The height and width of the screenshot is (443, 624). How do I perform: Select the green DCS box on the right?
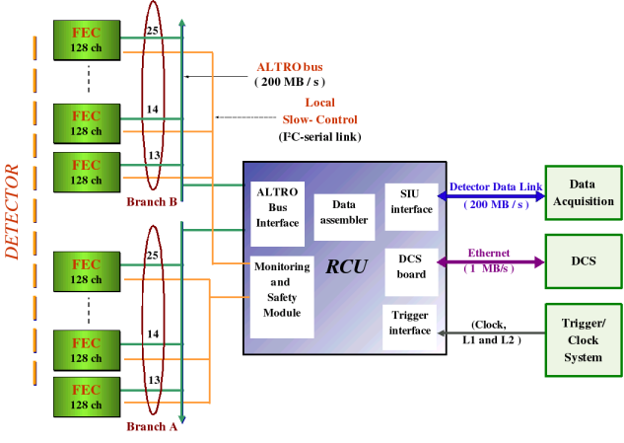point(583,261)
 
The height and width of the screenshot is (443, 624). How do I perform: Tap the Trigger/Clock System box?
point(583,339)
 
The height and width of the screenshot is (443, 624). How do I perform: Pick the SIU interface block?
point(411,200)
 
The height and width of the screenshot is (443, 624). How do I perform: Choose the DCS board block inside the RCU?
point(411,267)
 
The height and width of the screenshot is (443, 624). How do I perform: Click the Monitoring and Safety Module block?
point(281,290)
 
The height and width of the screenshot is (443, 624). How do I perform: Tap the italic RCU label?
point(347,266)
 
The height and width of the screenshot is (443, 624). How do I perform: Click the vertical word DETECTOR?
point(13,212)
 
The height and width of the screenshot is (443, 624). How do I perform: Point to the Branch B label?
point(152,202)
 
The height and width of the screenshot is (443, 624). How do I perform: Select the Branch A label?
point(152,427)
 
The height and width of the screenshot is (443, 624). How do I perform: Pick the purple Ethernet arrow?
point(492,262)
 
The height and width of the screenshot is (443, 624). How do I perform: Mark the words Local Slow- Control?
point(319,110)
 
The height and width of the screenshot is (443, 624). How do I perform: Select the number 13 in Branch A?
point(153,380)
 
